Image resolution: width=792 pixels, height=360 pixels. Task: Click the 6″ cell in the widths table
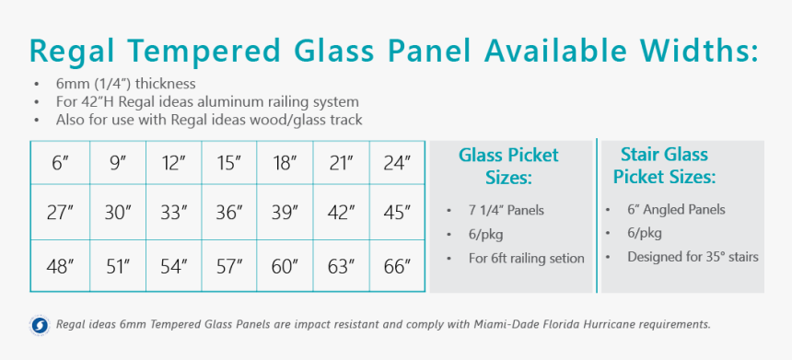61,164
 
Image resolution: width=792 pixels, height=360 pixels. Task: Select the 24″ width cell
396,164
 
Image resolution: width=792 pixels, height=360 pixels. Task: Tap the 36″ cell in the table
228,213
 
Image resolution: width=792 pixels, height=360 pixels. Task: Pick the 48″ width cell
61,267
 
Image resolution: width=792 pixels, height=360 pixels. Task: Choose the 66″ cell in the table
396,267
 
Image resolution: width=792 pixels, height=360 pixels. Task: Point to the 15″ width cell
228,164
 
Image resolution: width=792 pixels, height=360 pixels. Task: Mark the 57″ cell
228,267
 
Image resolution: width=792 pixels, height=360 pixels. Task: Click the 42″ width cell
341,213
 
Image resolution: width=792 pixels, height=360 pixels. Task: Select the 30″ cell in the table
117,213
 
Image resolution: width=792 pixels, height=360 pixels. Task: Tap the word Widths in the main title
691,51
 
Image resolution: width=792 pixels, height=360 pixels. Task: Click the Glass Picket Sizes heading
508,166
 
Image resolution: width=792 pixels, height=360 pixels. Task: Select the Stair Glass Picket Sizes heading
664,165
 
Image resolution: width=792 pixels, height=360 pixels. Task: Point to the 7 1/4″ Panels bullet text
506,210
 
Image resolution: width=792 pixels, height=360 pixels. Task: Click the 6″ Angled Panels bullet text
676,210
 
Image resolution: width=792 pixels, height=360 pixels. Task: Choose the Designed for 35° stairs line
693,257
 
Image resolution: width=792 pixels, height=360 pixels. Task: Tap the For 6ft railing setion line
526,258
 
